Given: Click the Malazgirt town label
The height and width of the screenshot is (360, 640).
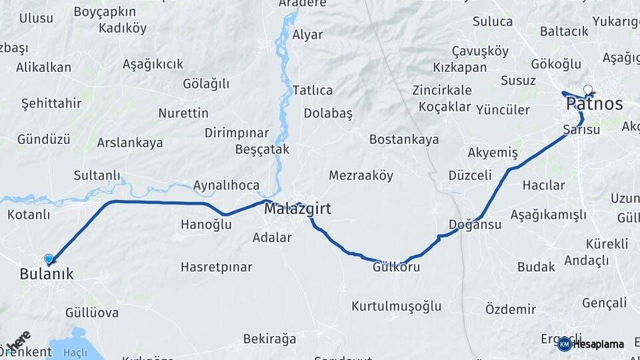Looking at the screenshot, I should (x=297, y=209).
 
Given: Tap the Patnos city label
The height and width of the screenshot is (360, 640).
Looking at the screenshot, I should (x=594, y=104).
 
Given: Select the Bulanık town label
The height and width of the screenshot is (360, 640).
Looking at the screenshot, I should (x=47, y=273).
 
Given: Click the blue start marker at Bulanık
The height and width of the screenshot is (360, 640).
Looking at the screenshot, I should (x=49, y=259).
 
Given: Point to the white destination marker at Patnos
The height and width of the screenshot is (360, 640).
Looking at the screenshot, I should (x=588, y=89).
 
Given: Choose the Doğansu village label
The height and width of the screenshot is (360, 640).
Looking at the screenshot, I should (x=475, y=225).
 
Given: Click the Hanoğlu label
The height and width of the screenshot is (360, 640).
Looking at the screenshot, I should (x=206, y=225).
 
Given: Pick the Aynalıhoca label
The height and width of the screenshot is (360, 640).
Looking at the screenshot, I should (x=226, y=185).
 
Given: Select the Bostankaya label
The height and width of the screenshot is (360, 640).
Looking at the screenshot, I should (x=404, y=139).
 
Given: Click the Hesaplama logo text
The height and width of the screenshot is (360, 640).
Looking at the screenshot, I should (x=599, y=345).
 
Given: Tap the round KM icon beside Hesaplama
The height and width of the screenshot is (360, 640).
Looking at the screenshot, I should (x=565, y=344).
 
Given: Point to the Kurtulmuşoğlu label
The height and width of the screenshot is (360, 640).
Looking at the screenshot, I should (x=396, y=306).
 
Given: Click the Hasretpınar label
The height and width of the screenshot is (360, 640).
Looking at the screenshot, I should (x=216, y=267).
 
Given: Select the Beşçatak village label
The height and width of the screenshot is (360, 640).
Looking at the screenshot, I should (x=262, y=150).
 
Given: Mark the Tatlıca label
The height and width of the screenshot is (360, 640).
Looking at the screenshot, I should (x=313, y=90).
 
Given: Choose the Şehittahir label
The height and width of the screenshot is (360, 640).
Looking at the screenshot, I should (x=51, y=103).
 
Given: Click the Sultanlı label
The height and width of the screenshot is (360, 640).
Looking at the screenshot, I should (x=97, y=175).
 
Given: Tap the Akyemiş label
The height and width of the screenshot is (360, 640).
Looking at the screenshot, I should (x=493, y=153).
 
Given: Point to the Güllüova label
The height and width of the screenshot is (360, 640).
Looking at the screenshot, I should (x=92, y=312).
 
